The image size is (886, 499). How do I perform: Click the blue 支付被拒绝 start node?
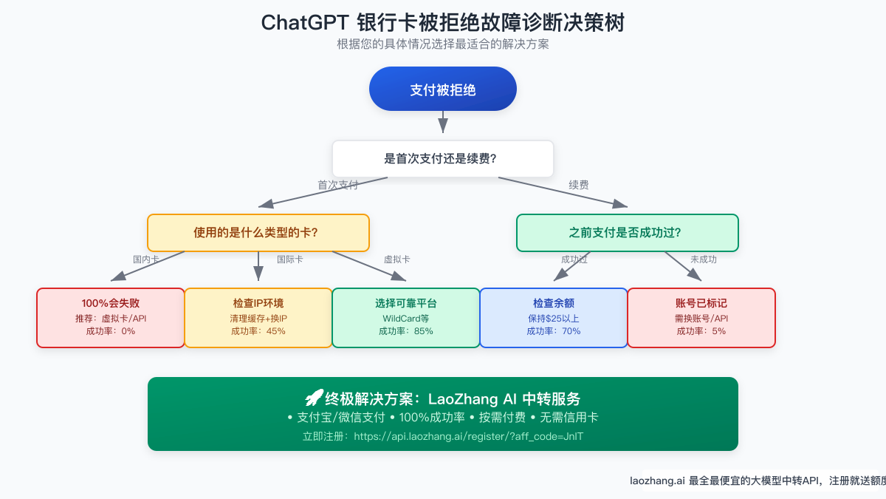443,89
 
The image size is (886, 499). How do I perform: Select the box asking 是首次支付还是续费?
443,159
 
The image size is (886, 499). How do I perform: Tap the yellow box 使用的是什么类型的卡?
258,232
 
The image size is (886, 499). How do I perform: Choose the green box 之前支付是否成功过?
627,232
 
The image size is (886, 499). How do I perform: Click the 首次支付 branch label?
337,186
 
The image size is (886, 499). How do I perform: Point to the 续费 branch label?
579,186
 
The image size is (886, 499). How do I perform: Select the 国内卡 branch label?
145,259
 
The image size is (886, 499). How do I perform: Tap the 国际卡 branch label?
289,259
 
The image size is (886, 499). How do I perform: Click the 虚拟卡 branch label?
396,259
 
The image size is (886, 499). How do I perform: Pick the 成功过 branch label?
574,259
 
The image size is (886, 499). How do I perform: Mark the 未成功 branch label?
703,259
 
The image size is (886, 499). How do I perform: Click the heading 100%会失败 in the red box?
111,303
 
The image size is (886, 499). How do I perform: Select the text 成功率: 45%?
258,331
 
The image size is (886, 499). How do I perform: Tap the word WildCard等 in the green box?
406,318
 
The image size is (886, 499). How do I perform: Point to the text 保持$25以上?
554,318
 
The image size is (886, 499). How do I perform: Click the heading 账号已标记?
701,303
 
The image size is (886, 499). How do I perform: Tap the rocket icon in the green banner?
314,398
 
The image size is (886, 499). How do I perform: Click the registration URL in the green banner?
469,436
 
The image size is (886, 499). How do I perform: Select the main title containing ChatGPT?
443,22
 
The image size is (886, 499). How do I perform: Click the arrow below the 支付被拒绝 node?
443,121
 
